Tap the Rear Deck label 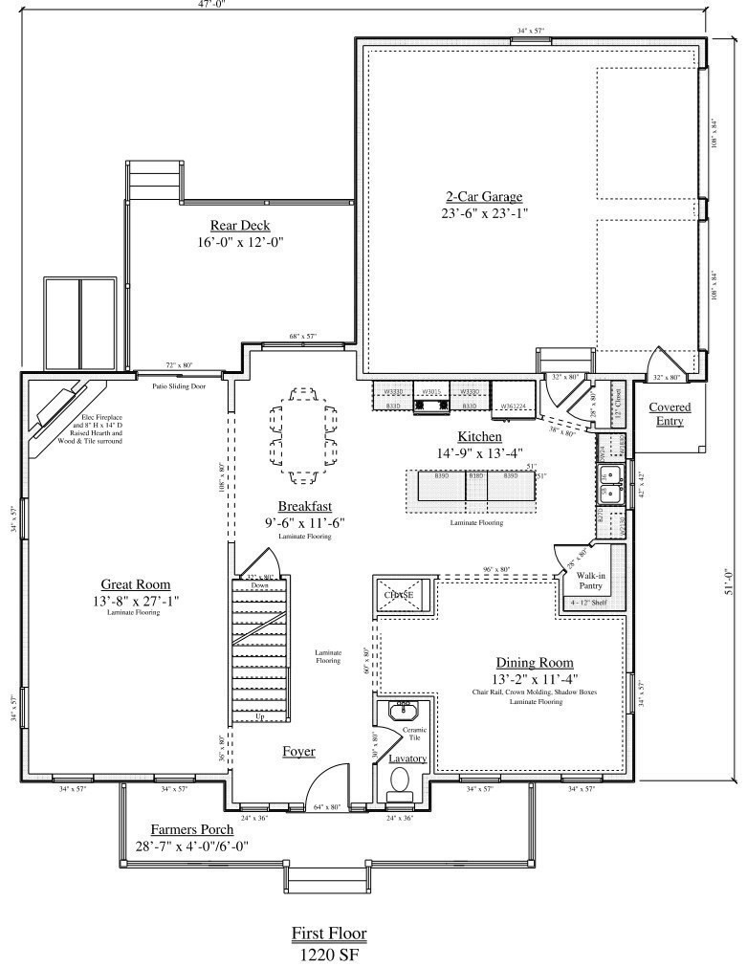(x=240, y=226)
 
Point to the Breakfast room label (x=305, y=506)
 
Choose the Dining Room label (x=534, y=662)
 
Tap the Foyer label (x=298, y=751)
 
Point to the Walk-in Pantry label (x=590, y=581)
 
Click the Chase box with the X (x=400, y=595)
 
